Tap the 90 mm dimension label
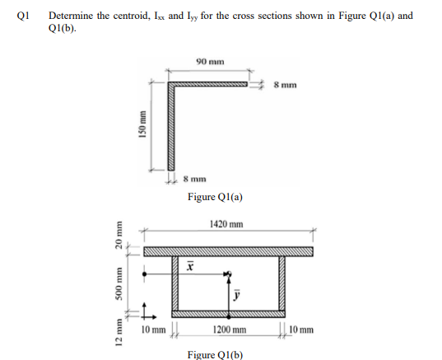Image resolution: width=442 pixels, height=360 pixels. [209, 61]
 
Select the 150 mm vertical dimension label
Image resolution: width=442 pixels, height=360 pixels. [141, 129]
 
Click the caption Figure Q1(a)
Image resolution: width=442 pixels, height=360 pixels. [215, 197]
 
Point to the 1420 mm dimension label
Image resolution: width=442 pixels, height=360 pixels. [226, 224]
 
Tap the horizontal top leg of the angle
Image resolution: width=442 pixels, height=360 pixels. [210, 84]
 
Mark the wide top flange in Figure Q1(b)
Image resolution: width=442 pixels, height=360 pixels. [228, 250]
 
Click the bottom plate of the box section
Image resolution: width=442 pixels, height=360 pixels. [228, 314]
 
